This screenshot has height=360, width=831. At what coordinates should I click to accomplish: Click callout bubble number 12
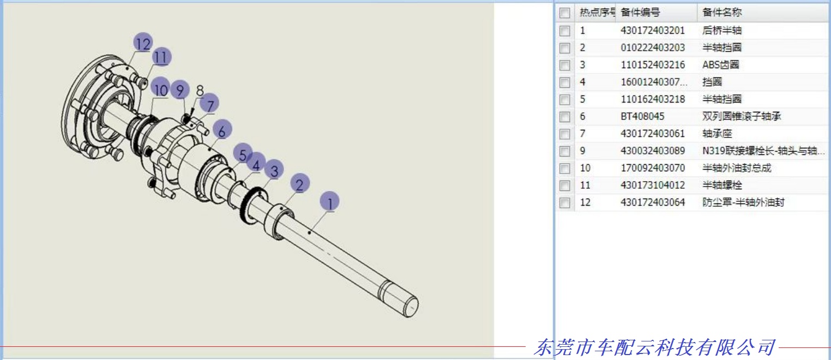(143, 43)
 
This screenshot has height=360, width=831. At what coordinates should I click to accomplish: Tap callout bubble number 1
(329, 202)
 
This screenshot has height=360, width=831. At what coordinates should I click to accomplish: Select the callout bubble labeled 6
(221, 130)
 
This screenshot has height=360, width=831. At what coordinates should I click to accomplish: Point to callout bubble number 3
(274, 170)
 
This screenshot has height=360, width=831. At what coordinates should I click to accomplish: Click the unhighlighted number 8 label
(200, 89)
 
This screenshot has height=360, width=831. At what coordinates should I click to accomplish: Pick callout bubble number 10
(160, 88)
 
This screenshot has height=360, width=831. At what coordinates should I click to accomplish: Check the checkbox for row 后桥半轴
(565, 31)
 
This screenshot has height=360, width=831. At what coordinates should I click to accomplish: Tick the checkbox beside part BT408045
(565, 117)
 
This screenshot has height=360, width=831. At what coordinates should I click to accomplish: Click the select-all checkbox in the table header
(565, 13)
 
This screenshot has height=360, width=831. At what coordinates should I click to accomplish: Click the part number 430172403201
(652, 31)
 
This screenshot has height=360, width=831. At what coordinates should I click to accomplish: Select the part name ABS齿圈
(720, 65)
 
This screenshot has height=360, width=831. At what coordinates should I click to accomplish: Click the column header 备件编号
(640, 12)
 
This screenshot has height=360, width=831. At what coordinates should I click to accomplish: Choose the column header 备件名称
(722, 12)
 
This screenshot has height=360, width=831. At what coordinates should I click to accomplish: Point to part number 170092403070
(652, 168)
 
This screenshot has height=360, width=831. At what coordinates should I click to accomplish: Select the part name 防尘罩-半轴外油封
(743, 202)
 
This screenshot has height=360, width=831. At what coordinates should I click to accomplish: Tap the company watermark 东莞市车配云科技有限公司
(654, 347)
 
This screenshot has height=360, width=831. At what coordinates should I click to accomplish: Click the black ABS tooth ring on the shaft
(250, 206)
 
